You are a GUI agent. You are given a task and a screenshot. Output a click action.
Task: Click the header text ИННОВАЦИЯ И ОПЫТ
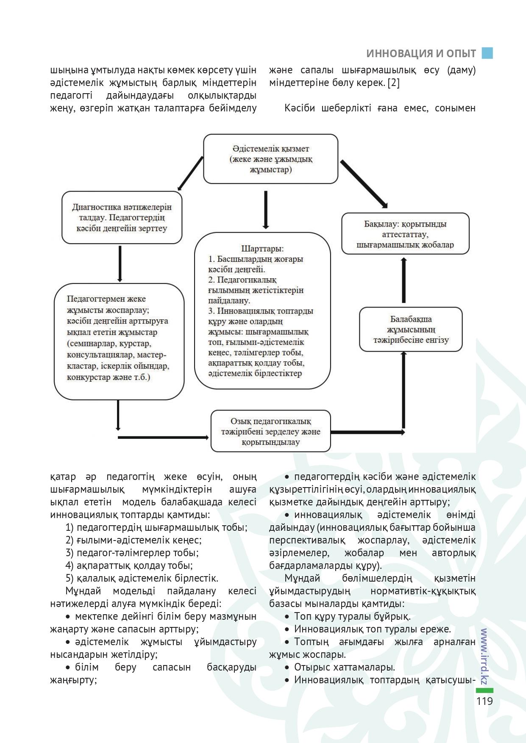point(421,54)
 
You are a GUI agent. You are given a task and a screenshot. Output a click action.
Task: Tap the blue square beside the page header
point(487,53)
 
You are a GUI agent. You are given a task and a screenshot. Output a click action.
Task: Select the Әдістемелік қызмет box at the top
point(270,159)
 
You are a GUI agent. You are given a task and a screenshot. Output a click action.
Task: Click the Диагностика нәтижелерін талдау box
point(122,218)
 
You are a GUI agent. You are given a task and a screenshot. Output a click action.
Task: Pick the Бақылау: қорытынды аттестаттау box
point(405,234)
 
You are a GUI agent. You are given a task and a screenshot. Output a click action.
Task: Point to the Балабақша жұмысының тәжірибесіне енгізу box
point(410,330)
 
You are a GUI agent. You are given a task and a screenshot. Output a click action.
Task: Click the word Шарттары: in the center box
point(262,248)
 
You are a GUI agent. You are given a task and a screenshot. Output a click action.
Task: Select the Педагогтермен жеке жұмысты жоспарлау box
point(119,341)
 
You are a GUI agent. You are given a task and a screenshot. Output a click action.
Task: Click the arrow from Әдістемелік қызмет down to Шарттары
point(266,209)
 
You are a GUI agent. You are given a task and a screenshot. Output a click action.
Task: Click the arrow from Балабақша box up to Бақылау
point(404,281)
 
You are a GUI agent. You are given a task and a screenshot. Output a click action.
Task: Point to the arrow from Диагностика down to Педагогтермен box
point(120,263)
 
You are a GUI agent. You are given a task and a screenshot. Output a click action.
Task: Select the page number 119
point(484,701)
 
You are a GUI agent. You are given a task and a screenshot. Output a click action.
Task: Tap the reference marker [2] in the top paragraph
point(393,83)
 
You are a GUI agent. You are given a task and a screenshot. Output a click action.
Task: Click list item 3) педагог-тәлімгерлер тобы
point(132,553)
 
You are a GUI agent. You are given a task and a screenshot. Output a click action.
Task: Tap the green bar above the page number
point(484,690)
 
